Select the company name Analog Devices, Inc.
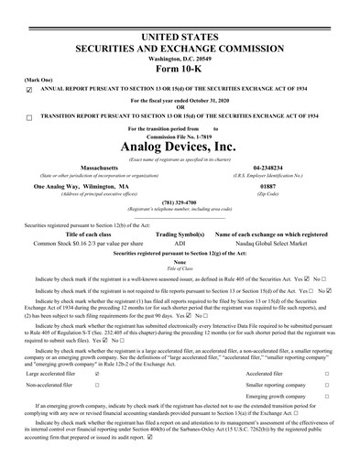tap(180, 146)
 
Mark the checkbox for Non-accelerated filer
tap(98, 386)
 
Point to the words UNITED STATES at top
tap(180, 9)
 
